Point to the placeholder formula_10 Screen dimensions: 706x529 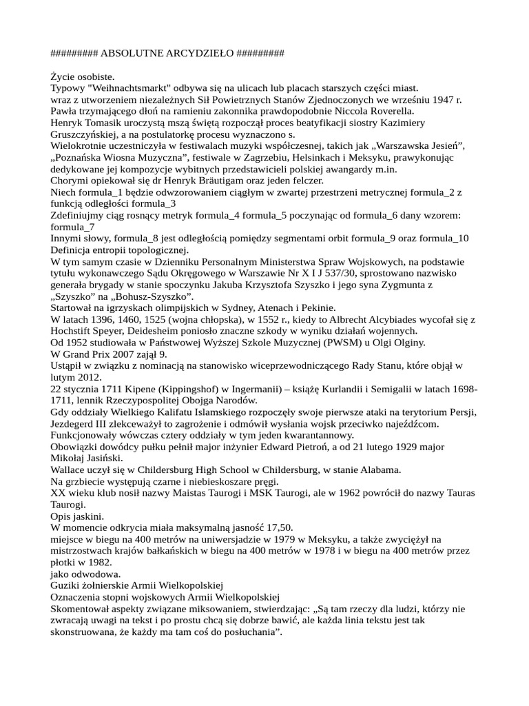point(444,239)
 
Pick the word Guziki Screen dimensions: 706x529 point(67,586)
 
